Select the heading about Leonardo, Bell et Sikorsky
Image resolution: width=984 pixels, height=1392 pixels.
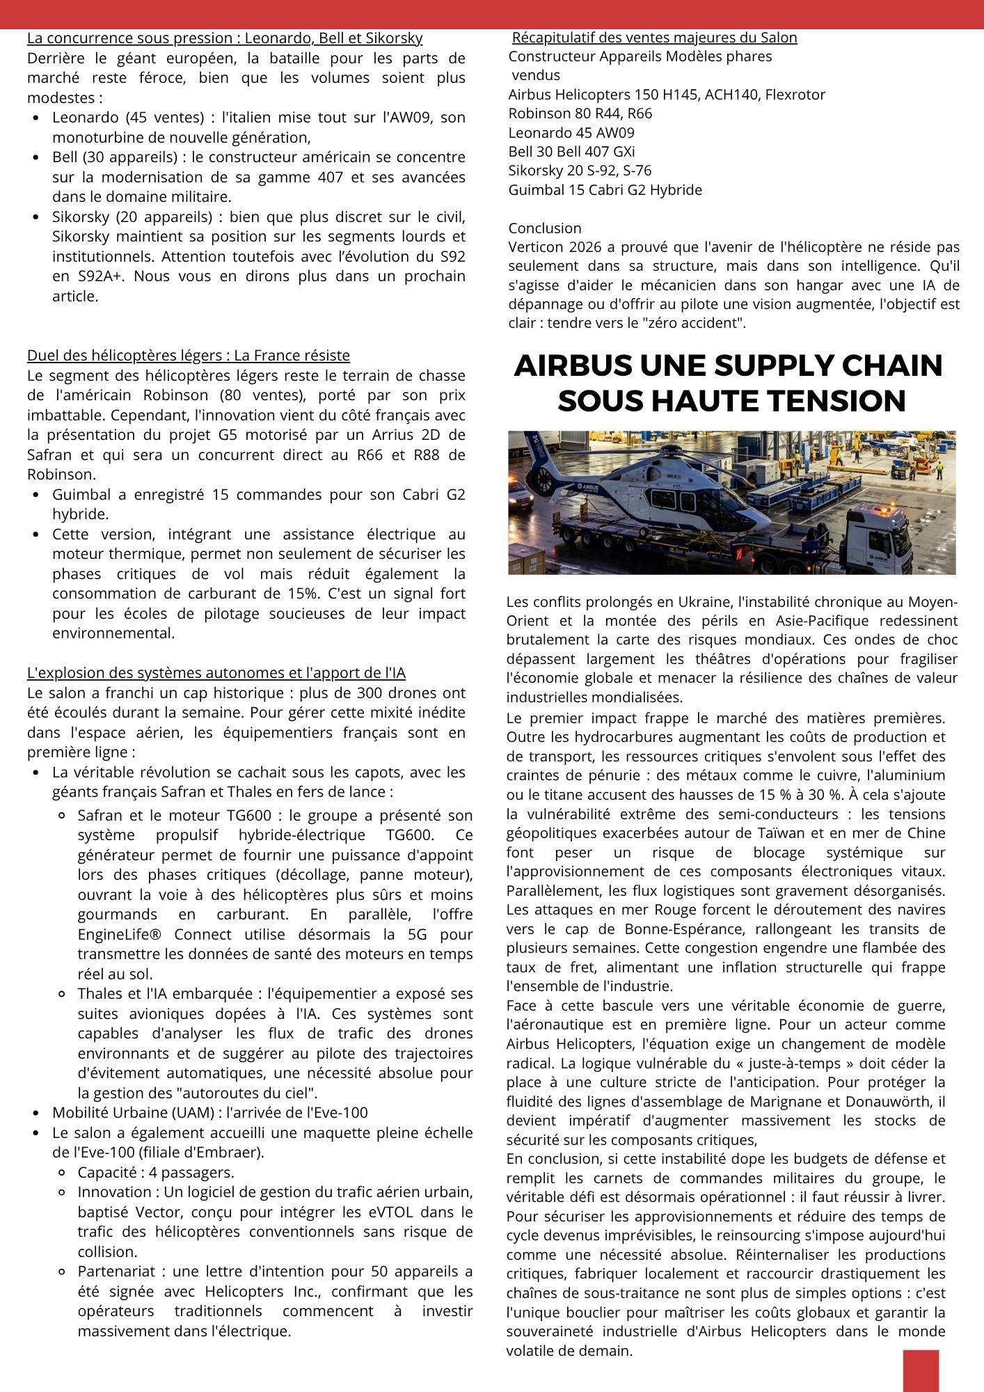point(225,38)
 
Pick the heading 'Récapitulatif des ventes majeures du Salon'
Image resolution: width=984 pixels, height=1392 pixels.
point(654,38)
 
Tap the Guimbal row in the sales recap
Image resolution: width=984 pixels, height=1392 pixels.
point(605,189)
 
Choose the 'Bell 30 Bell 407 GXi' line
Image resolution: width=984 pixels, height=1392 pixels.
point(571,151)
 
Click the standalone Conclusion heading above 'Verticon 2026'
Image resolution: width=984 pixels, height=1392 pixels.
point(545,228)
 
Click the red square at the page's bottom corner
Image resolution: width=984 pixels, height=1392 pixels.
point(921,1370)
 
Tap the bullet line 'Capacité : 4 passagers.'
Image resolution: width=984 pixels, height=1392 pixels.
point(155,1172)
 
